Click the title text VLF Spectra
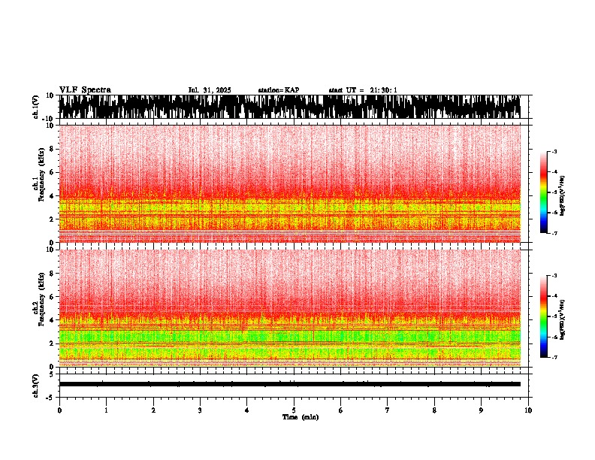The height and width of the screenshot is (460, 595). [x=85, y=90]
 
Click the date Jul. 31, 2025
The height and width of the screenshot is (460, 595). [x=210, y=90]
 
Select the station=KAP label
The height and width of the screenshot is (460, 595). [x=278, y=90]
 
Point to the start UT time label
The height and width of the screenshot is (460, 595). [x=363, y=90]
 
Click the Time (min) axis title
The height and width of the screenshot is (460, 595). [x=300, y=417]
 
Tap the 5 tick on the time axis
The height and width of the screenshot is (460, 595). [x=294, y=410]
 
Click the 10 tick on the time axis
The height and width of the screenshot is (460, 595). [x=528, y=410]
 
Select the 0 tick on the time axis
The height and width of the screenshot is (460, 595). [x=59, y=410]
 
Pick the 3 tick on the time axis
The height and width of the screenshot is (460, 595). [x=200, y=410]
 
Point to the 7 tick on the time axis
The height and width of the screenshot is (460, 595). [x=388, y=410]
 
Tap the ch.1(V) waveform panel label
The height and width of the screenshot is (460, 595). [x=36, y=107]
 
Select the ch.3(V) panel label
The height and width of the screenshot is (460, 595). [x=36, y=383]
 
